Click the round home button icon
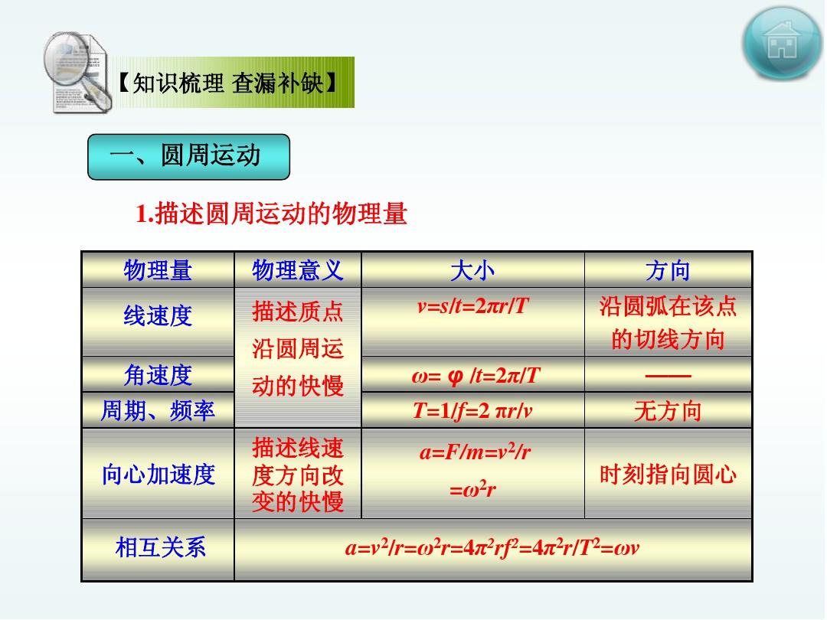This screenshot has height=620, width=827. click(x=782, y=43)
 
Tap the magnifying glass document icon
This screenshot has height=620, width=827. click(x=77, y=72)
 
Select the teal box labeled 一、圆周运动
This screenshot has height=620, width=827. click(x=189, y=157)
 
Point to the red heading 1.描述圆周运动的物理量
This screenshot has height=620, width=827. click(x=271, y=214)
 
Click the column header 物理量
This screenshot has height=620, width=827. click(x=158, y=270)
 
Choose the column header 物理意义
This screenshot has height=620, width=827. click(x=297, y=270)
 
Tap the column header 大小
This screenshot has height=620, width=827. click(x=472, y=270)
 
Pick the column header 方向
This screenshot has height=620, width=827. click(x=668, y=270)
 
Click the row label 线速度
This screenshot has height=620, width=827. click(x=158, y=316)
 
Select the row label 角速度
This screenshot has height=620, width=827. click(x=158, y=375)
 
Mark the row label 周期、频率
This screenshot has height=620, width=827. click(x=158, y=410)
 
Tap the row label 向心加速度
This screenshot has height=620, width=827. click(x=159, y=474)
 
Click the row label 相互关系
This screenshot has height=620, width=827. click(x=160, y=547)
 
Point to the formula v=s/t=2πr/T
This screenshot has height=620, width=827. click(x=472, y=305)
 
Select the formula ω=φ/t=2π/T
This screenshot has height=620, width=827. click(x=476, y=375)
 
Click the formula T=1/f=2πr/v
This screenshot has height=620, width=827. click(x=472, y=410)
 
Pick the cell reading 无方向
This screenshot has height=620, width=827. click(x=668, y=411)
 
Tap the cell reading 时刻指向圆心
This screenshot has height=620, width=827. click(x=668, y=474)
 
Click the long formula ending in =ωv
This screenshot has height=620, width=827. click(x=492, y=547)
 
